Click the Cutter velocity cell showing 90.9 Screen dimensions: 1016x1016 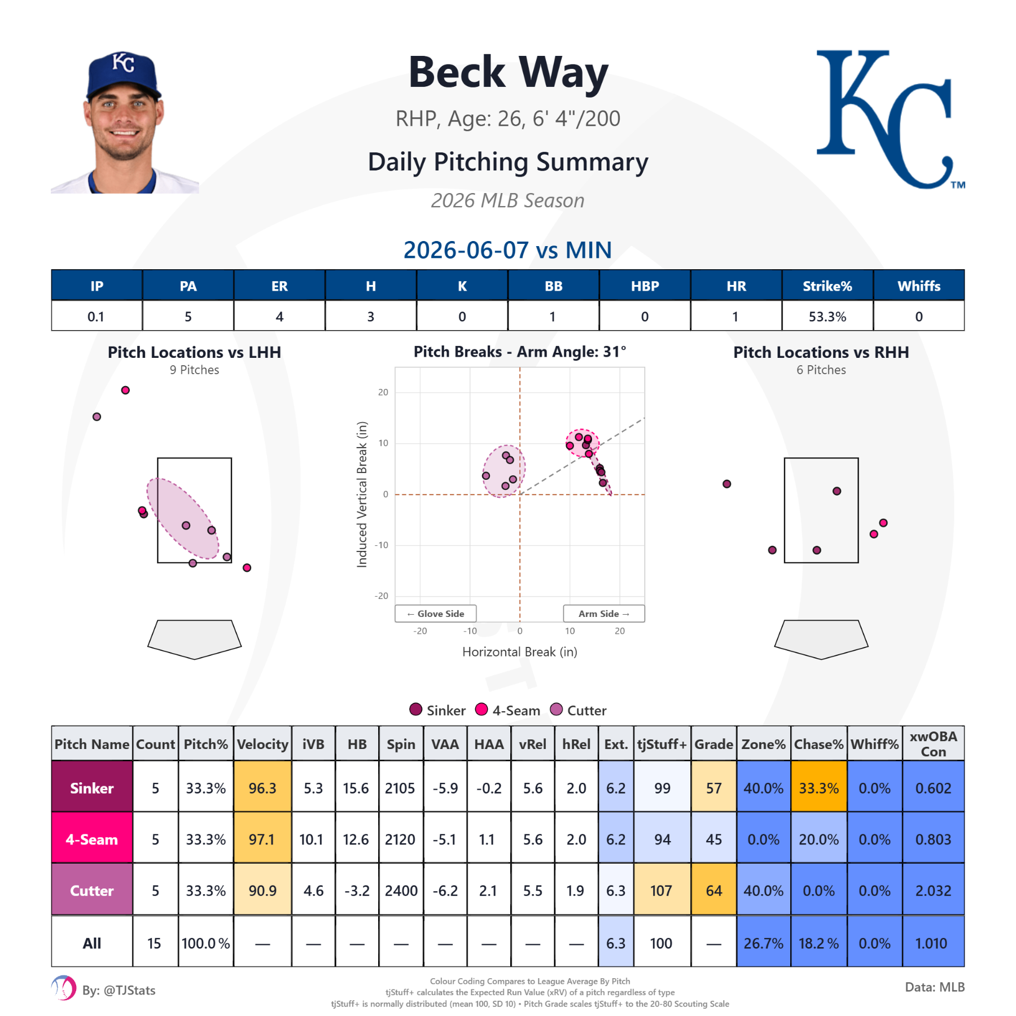(262, 891)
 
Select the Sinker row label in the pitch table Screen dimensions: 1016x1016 (92, 788)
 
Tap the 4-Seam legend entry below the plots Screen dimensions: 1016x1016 (507, 710)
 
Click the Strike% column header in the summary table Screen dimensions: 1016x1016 (827, 286)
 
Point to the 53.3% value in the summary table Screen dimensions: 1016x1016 (827, 317)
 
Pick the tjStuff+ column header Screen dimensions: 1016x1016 (662, 744)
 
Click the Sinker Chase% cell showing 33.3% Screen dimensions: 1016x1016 (818, 788)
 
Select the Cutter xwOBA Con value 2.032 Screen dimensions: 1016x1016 (933, 891)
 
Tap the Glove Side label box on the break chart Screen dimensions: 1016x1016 (436, 614)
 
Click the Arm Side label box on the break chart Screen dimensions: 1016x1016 (603, 614)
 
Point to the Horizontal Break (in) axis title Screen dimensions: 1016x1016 (520, 652)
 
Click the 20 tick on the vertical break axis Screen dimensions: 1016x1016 (383, 392)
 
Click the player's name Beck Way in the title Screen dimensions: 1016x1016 (508, 72)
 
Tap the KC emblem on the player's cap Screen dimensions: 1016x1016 (124, 62)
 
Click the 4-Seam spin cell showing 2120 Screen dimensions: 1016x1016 (400, 839)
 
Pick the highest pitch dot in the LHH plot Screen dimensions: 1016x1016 (125, 390)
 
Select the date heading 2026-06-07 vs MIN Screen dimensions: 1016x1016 (507, 250)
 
